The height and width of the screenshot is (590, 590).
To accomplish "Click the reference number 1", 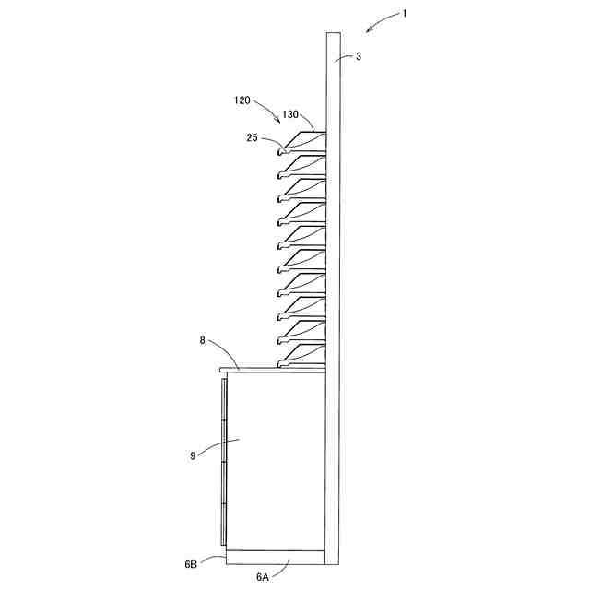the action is pyautogui.click(x=403, y=13).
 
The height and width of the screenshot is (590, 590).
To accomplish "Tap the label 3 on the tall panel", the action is pyautogui.click(x=359, y=58).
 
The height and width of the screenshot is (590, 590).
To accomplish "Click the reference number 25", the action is pyautogui.click(x=252, y=138).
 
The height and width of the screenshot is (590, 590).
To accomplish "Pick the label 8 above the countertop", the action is pyautogui.click(x=203, y=341).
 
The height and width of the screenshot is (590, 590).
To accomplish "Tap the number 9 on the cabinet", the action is pyautogui.click(x=193, y=454).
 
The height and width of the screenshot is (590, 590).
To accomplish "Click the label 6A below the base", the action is pyautogui.click(x=263, y=577).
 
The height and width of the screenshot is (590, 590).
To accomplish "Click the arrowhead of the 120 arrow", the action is pyautogui.click(x=281, y=120).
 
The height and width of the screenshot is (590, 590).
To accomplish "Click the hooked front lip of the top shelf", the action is pyautogui.click(x=281, y=147).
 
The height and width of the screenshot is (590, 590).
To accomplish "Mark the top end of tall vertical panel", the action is pyautogui.click(x=334, y=36).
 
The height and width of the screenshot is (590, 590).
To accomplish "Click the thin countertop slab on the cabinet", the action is pyautogui.click(x=272, y=370).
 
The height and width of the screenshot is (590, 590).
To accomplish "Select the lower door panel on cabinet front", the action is pyautogui.click(x=223, y=502).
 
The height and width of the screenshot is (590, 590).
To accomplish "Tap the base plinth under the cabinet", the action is pyautogui.click(x=275, y=558).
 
